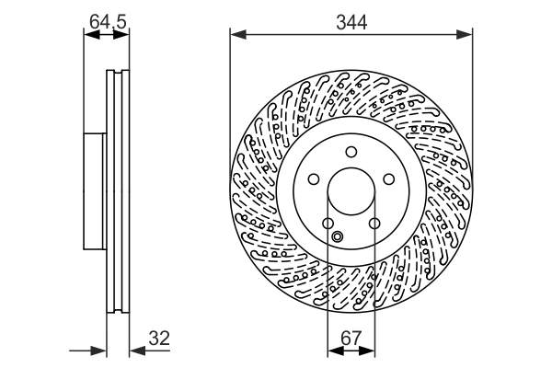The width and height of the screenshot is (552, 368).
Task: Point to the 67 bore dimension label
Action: click(x=351, y=338)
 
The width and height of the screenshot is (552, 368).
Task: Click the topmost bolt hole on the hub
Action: click(x=351, y=153)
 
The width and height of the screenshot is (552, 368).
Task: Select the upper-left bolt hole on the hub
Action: click(x=313, y=180)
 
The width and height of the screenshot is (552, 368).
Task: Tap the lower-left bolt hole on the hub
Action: click(x=328, y=224)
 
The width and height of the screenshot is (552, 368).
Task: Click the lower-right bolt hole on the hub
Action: click(x=374, y=224)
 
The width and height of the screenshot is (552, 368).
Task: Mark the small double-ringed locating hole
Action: click(x=337, y=238)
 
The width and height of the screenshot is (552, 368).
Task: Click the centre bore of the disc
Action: click(x=351, y=193)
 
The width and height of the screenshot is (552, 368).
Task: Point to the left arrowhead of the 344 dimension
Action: click(x=236, y=35)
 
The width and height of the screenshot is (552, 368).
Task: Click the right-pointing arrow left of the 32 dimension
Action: click(x=100, y=351)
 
